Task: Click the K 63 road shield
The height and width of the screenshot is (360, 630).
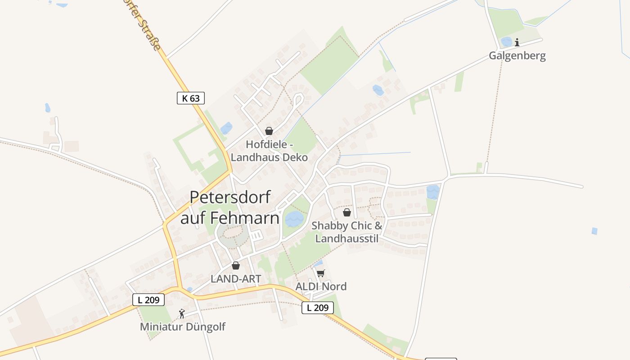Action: coord(191,98)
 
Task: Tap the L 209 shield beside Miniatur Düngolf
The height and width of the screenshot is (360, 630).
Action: coord(148,300)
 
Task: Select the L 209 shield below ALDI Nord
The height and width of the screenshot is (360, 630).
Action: coord(318,308)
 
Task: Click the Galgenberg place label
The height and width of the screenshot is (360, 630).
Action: coord(517,56)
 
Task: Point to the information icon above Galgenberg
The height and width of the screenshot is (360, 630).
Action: coord(517,42)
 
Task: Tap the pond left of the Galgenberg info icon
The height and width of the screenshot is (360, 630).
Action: coord(507,42)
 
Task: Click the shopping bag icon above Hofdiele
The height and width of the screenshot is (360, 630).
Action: coord(269,131)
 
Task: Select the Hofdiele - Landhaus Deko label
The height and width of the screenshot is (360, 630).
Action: coord(269,151)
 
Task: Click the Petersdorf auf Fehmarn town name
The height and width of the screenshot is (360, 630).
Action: coord(230,207)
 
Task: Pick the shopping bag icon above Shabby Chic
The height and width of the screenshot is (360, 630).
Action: coord(347,212)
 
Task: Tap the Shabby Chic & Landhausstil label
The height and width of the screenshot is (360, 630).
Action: coord(347,232)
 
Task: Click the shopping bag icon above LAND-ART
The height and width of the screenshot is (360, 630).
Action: coord(236,265)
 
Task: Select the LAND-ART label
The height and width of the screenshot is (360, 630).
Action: coord(236,279)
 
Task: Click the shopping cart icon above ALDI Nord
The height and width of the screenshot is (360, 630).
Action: coord(321,273)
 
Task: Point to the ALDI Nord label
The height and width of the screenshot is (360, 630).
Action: coord(321,287)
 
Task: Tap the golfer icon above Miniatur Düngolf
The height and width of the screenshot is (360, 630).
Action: coord(182,314)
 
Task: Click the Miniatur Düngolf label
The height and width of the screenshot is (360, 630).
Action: coord(183,327)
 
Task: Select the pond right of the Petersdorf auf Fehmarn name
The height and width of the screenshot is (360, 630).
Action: coord(294,219)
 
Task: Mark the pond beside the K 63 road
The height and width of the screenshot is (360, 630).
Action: coord(226,128)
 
